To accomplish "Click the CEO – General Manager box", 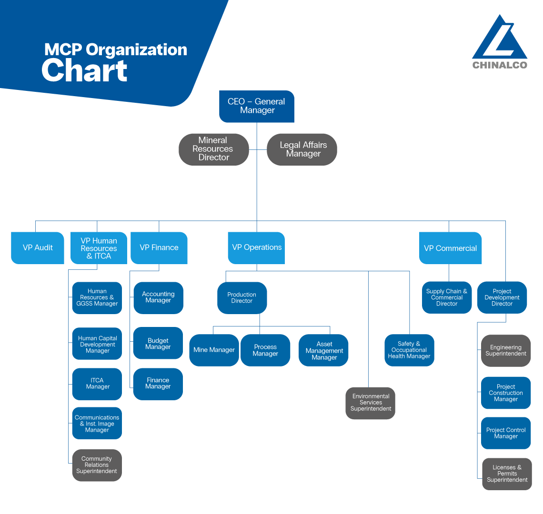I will pyautogui.click(x=257, y=106).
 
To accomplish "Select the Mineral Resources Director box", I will pyautogui.click(x=213, y=149).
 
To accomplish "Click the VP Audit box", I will pyautogui.click(x=38, y=247).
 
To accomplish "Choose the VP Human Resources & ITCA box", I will pyautogui.click(x=99, y=248).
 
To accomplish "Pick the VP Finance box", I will pyautogui.click(x=159, y=247).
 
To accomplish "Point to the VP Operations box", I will pyautogui.click(x=256, y=247).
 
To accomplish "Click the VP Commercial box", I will pyautogui.click(x=450, y=248).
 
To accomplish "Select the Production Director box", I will pyautogui.click(x=242, y=298).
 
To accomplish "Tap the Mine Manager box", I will pyautogui.click(x=214, y=350).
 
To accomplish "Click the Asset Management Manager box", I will pyautogui.click(x=324, y=350).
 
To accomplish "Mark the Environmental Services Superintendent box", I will pyautogui.click(x=371, y=403).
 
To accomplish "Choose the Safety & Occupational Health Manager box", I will pyautogui.click(x=409, y=350).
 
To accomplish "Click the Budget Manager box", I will pyautogui.click(x=158, y=344).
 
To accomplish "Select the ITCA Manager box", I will pyautogui.click(x=97, y=384).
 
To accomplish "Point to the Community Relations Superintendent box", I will pyautogui.click(x=97, y=465).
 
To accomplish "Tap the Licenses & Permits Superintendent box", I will pyautogui.click(x=507, y=474).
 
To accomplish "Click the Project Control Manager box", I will pyautogui.click(x=506, y=433).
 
